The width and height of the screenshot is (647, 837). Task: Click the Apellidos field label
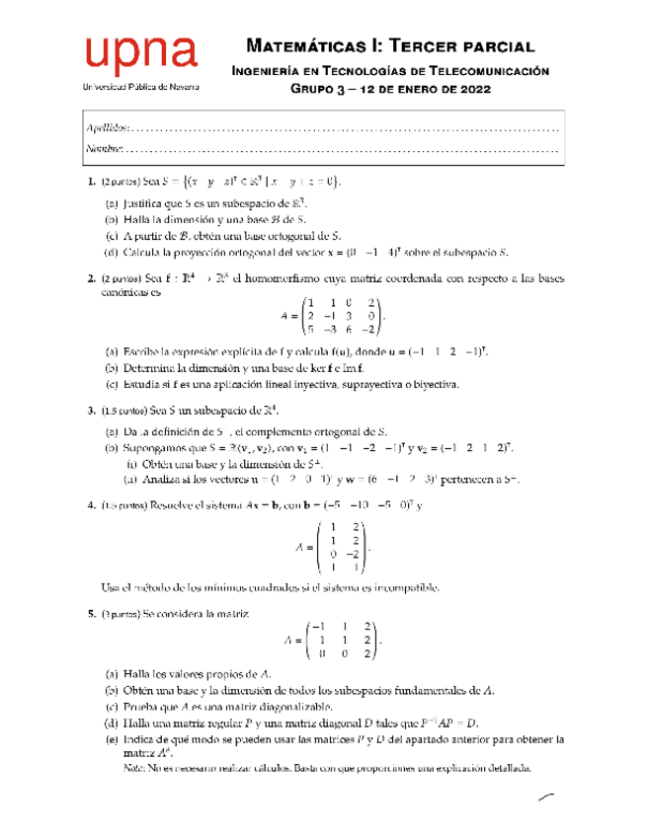click(x=107, y=128)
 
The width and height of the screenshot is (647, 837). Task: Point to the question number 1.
click(x=91, y=182)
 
